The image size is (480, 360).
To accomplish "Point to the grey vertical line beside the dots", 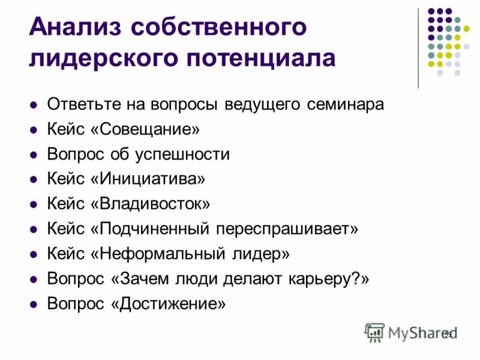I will click(418, 48).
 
